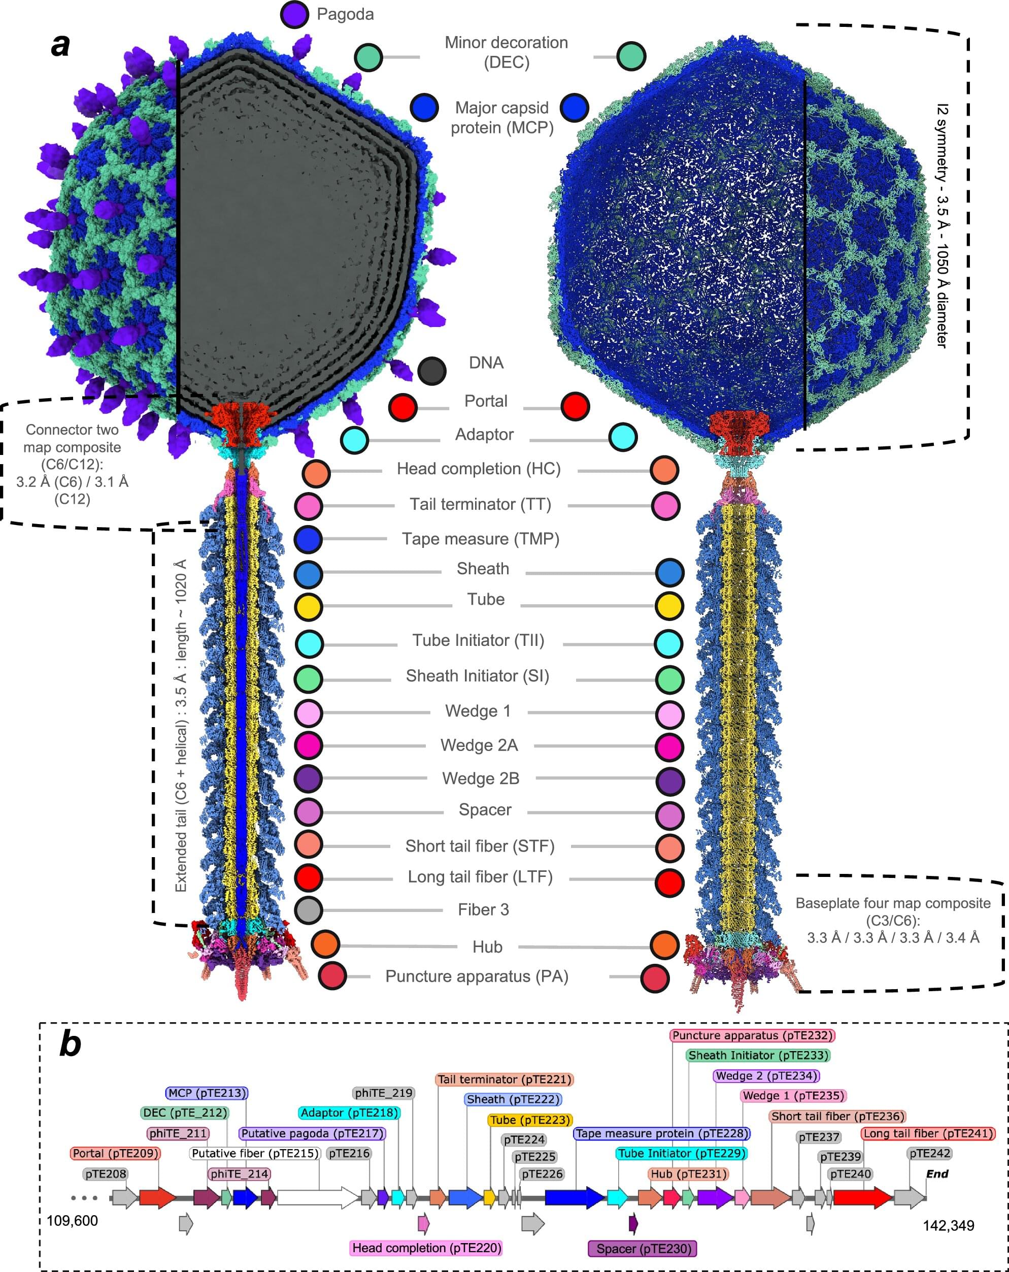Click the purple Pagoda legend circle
(x=294, y=14)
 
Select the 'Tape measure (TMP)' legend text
(x=481, y=539)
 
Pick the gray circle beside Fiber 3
(x=309, y=910)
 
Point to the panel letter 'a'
(x=61, y=45)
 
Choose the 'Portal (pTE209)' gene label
(x=116, y=1153)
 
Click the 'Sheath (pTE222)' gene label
(x=513, y=1099)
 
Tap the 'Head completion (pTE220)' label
(x=426, y=1248)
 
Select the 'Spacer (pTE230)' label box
(x=643, y=1249)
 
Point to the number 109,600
(x=72, y=1220)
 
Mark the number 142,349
(x=948, y=1225)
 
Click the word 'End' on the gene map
(x=936, y=1173)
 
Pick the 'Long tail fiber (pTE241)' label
(x=928, y=1133)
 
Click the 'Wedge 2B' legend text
(x=481, y=778)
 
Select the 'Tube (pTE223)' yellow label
(x=529, y=1120)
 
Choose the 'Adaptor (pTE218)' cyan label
(x=349, y=1113)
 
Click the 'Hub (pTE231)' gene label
(x=688, y=1173)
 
